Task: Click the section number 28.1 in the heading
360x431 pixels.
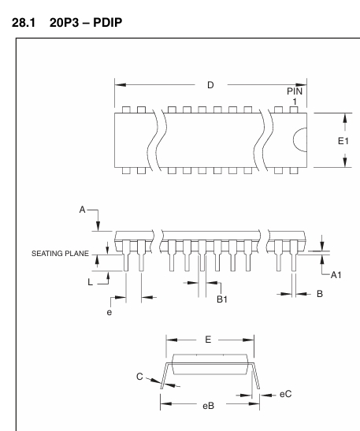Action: point(24,22)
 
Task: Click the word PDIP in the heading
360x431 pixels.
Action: point(108,22)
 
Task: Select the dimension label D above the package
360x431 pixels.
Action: point(210,85)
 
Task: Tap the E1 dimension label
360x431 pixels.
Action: point(343,141)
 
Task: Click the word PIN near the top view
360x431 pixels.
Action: point(295,91)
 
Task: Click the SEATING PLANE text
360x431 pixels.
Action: point(60,254)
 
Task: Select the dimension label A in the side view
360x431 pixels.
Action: point(82,210)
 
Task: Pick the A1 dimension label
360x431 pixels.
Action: point(336,275)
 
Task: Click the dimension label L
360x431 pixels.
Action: point(90,282)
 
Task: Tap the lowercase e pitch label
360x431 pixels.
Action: point(109,313)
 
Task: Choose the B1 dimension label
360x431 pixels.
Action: point(222,299)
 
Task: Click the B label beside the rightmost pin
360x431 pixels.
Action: point(320,294)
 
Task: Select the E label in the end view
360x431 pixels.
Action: point(208,340)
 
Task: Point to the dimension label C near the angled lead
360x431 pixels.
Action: point(139,377)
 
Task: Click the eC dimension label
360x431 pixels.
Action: point(285,394)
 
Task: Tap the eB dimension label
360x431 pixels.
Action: point(208,406)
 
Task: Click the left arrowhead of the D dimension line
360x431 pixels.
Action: point(121,84)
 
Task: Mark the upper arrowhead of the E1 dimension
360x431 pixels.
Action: point(345,119)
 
